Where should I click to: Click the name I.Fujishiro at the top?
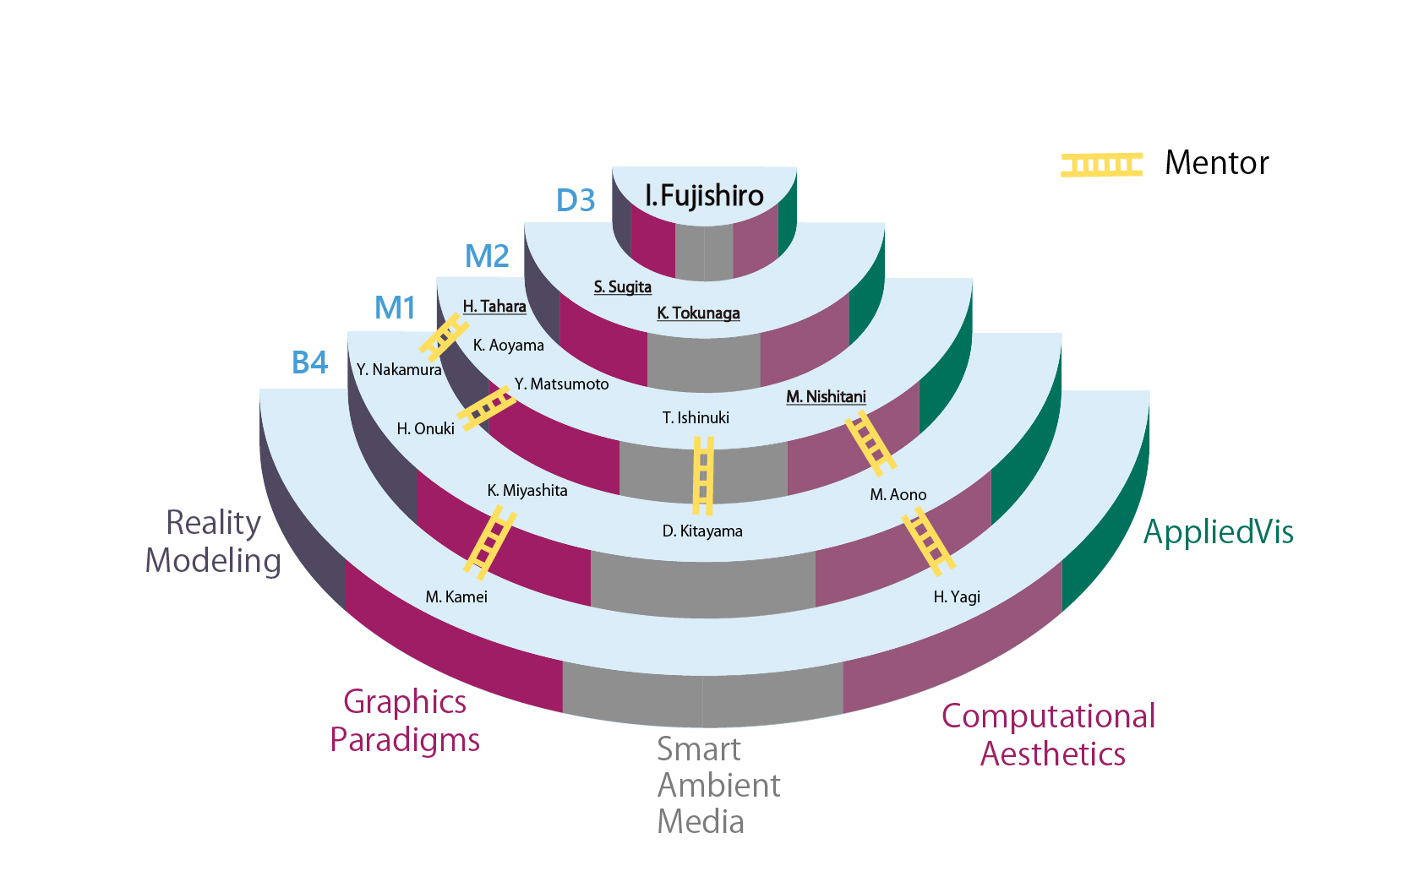coord(704,196)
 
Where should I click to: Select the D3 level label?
coord(576,200)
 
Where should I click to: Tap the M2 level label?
coord(487,256)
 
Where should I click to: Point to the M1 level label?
coord(396,308)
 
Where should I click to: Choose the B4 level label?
coord(309,363)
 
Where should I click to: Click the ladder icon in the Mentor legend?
coord(1101,165)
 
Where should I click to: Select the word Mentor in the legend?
coord(1216,163)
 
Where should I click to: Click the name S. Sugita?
coord(623,287)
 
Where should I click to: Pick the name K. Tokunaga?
coord(698,313)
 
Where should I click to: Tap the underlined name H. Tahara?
coord(494,307)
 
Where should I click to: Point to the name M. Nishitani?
coord(826,397)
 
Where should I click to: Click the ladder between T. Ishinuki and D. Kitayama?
coord(703,476)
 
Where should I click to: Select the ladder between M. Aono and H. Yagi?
coord(928,541)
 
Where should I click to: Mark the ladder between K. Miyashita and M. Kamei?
coord(489,542)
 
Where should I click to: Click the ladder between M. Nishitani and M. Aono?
coord(870,443)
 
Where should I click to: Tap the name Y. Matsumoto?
coord(561,384)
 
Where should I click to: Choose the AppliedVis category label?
coord(1218,532)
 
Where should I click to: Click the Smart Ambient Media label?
coord(718,786)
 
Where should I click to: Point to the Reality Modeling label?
coord(213,542)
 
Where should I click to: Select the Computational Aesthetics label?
coord(1049,735)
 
